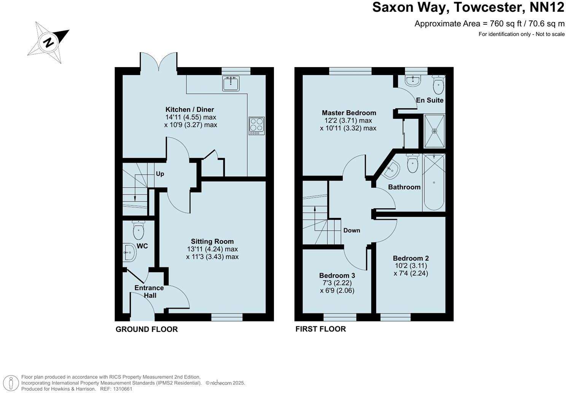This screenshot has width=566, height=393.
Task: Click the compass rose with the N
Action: point(48,42)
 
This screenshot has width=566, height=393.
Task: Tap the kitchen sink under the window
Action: point(231,83)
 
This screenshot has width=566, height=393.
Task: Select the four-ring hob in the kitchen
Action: point(256,126)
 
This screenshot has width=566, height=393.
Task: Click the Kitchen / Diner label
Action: point(189,110)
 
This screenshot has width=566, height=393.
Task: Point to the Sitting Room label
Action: point(212,241)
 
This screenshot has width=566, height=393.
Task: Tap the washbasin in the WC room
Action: point(130,252)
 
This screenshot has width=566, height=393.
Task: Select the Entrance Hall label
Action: point(149,292)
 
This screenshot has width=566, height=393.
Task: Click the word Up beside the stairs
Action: point(160,174)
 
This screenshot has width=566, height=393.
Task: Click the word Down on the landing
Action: point(351,230)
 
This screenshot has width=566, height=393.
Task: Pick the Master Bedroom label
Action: point(349,113)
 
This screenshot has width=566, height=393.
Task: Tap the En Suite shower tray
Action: point(434,131)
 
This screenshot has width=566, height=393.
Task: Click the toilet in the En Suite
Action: point(438,85)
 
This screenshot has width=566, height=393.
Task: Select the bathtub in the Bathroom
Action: point(434,182)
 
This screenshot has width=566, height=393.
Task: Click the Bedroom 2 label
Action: point(411,258)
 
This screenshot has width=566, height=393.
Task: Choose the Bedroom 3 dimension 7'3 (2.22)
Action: point(337,283)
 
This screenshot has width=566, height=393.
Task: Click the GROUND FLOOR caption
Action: point(146,329)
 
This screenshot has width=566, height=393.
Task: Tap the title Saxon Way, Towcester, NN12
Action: point(468,8)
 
